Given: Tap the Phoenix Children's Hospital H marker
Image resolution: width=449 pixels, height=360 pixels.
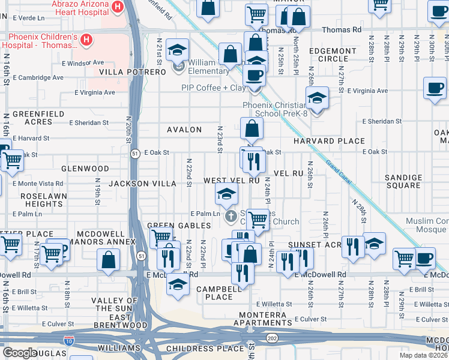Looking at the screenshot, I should click(x=87, y=41).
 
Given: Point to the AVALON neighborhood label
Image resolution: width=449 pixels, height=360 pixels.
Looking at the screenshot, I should click(x=184, y=130).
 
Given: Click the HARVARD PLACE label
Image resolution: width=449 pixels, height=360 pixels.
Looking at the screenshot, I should click(x=328, y=142).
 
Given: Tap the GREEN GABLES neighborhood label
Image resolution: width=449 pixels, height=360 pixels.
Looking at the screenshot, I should click(x=179, y=226).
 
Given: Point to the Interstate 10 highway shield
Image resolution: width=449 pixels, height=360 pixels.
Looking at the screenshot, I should click(x=70, y=341).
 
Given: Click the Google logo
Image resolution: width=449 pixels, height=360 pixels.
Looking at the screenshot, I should click(x=20, y=353).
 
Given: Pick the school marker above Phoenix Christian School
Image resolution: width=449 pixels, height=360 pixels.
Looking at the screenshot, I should click(x=316, y=97).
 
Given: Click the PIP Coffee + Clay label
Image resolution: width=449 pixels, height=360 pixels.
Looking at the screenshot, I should click(x=214, y=88).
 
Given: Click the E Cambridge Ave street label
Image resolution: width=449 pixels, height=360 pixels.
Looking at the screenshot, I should click(x=38, y=77).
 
